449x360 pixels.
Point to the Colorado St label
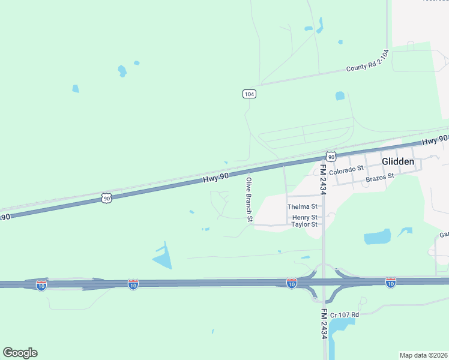pos(346,169)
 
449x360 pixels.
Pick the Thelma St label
pos(302,206)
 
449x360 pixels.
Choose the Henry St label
pos(305,217)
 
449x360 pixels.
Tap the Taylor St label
pos(304,224)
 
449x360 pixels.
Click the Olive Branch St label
pos(248,197)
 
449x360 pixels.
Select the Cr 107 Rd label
pos(345,314)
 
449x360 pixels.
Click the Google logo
pos(20,353)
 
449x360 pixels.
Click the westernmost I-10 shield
pos(41,285)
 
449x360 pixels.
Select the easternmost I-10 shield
pos(391,282)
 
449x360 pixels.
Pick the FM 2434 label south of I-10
pos(324,325)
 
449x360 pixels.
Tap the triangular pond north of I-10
pos(163,256)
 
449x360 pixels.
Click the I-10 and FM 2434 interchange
pos(324,282)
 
